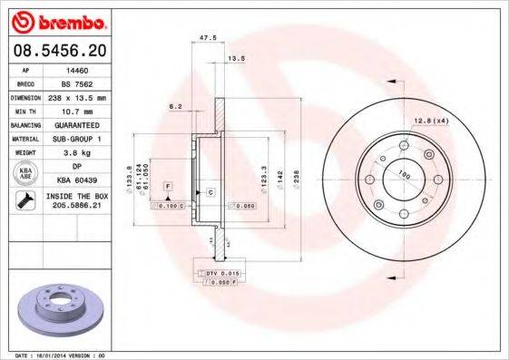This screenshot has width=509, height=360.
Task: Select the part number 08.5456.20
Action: click(59, 48)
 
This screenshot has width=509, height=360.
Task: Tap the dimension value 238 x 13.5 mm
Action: click(84, 96)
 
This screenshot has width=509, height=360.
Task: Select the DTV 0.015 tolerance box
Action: click(217, 273)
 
